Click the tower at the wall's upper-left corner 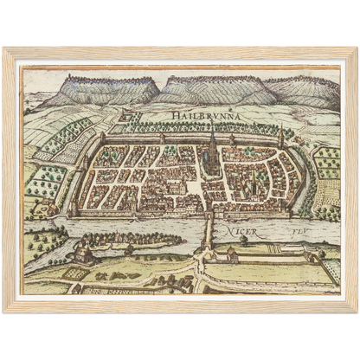click(x=103, y=138)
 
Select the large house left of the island click(x=83, y=252)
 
